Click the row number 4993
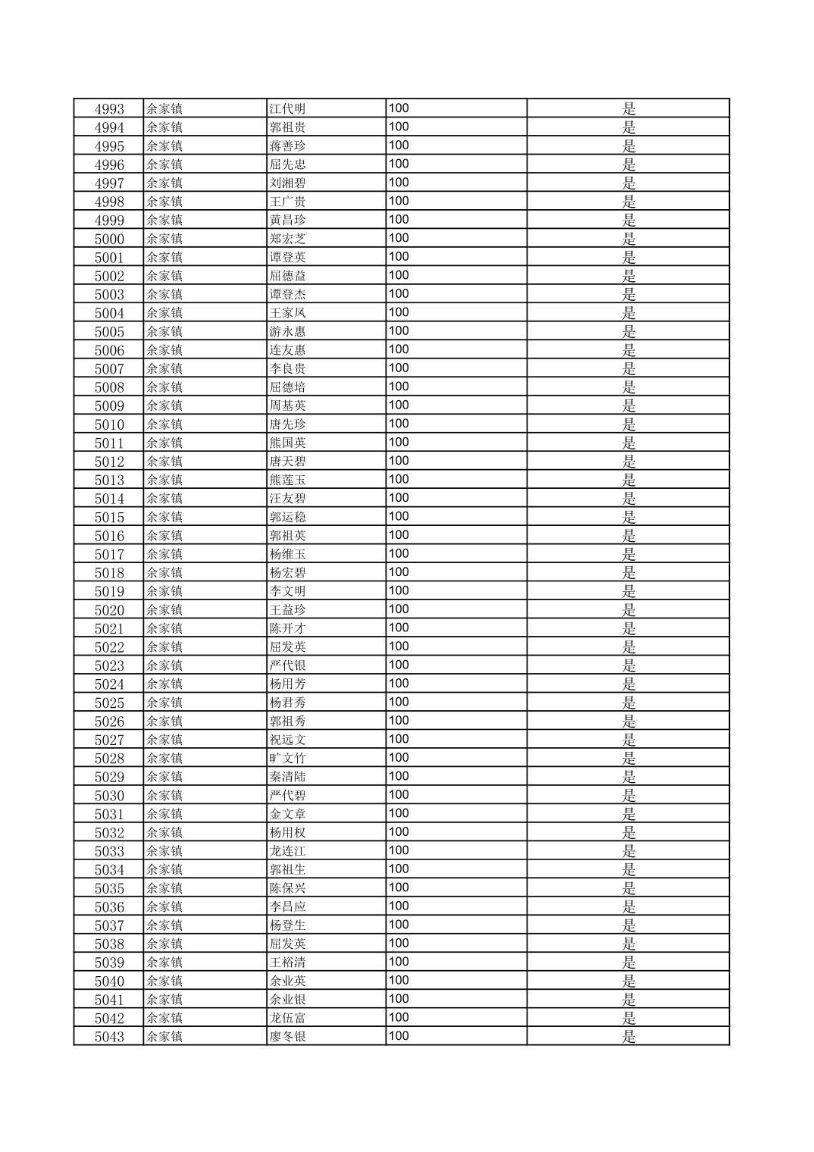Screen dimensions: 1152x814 coord(109,109)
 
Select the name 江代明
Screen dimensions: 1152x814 coord(288,109)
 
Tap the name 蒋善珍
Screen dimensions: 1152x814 coord(288,146)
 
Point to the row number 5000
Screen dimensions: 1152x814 coord(109,239)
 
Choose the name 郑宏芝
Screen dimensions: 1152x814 coord(288,239)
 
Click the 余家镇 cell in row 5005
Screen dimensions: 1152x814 coord(164,332)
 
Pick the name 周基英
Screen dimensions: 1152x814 coord(288,406)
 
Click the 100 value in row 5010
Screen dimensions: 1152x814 coord(399,424)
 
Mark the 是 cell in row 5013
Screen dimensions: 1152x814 coord(629,481)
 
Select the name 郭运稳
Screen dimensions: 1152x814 coord(288,518)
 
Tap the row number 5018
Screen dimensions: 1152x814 coord(109,573)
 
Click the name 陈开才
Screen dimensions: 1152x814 coord(288,629)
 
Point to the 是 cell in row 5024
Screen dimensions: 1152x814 coord(629,684)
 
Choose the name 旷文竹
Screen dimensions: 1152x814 coord(288,759)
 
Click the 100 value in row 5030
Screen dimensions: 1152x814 coord(399,795)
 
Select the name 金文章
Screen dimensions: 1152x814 coord(288,815)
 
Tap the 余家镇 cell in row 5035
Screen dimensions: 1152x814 coord(164,889)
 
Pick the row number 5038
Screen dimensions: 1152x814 coord(109,944)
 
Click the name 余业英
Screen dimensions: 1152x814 coord(288,981)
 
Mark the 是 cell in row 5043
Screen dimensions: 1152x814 coord(629,1037)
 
